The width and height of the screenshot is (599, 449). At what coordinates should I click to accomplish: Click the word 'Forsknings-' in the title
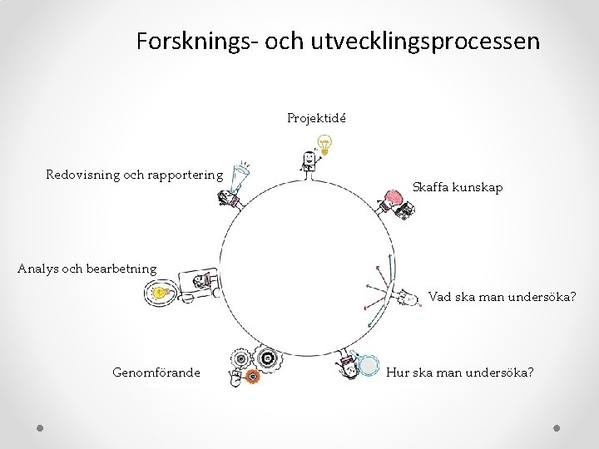tap(197, 41)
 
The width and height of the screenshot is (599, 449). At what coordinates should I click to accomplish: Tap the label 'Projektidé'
tap(317, 118)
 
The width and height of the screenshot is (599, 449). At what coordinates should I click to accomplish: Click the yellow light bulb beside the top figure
tap(327, 145)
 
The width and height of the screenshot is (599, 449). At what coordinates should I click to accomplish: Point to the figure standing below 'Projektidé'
tap(309, 163)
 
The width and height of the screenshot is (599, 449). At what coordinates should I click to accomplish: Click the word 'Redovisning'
tap(83, 175)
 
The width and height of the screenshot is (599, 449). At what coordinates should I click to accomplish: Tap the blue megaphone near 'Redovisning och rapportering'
tap(241, 176)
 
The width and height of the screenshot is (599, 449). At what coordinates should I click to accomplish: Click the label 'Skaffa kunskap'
tap(458, 187)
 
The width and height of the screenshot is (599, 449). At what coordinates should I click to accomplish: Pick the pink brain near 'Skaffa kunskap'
tap(391, 198)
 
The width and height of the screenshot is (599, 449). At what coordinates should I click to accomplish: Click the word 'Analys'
tap(37, 269)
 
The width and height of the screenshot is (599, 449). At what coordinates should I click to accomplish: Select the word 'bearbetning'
tap(121, 269)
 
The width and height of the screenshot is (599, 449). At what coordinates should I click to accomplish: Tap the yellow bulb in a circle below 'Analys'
tap(160, 292)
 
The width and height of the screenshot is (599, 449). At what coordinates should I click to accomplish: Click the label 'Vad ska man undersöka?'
tap(502, 297)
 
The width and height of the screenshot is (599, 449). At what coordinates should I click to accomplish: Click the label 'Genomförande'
tap(156, 373)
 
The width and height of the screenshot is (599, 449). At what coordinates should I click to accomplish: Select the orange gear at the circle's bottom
tap(253, 376)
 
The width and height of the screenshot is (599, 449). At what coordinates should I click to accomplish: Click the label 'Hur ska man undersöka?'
tap(460, 373)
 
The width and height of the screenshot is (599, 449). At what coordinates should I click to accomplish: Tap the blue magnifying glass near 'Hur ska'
tap(366, 364)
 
